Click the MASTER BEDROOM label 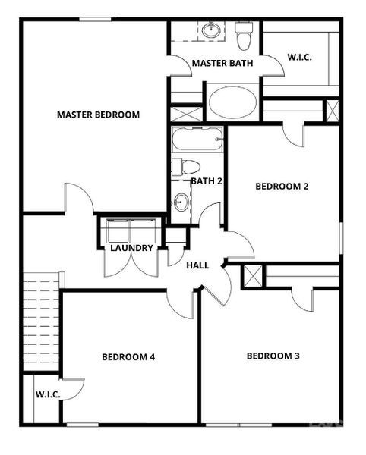[x=99, y=115]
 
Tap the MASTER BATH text [x=216, y=63]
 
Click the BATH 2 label [x=206, y=181]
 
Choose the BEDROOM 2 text [x=282, y=186]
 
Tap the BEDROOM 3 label [x=273, y=356]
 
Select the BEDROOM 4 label [x=128, y=356]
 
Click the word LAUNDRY [x=132, y=248]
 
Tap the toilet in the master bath [x=244, y=35]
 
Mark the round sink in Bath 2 [x=181, y=202]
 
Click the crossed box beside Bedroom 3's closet [x=254, y=276]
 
